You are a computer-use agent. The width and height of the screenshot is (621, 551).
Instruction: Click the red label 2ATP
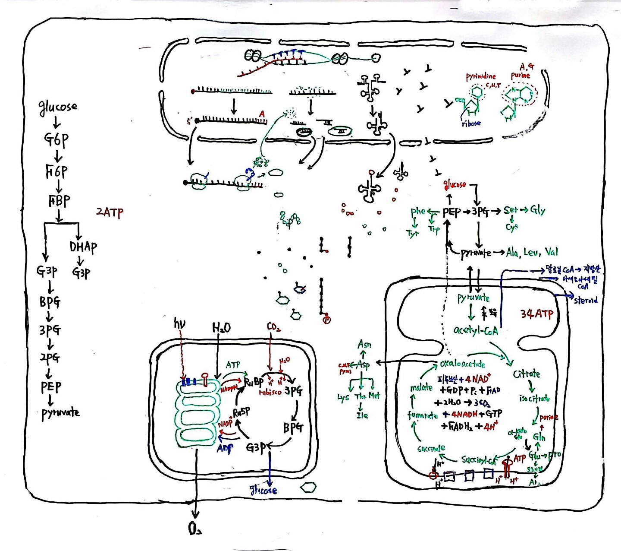(110, 212)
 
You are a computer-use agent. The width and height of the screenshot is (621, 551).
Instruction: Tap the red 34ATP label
(536, 313)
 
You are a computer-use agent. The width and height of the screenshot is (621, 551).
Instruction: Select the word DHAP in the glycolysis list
(83, 247)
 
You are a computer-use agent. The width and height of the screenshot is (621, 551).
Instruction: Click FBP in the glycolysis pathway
(59, 201)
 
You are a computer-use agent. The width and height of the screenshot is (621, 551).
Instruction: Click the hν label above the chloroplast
(179, 323)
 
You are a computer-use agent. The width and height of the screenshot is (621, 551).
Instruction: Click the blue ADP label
(225, 448)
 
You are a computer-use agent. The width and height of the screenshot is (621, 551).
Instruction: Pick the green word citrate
(527, 374)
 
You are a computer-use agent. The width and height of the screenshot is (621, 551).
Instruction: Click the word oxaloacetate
(462, 364)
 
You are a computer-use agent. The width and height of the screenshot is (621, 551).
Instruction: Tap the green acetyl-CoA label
(475, 330)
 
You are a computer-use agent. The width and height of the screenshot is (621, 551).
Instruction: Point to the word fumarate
(423, 415)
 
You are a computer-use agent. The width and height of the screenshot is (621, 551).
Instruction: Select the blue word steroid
(586, 300)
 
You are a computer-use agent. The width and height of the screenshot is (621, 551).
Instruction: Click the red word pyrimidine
(480, 77)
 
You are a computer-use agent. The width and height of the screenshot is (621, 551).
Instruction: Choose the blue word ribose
(471, 123)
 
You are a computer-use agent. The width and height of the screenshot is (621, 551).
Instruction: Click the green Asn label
(364, 345)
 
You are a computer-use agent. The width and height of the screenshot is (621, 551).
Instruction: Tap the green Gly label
(538, 210)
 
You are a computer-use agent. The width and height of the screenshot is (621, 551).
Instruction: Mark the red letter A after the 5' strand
(262, 114)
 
